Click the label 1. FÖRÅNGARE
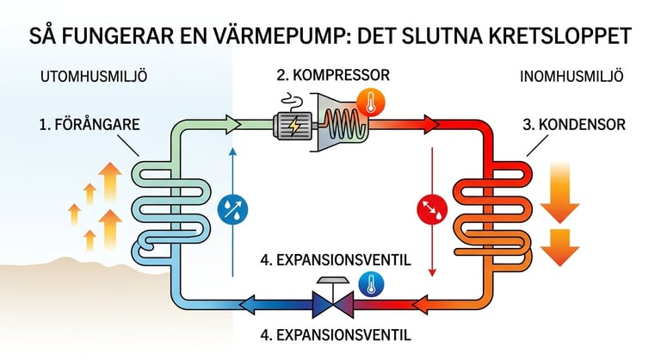coord(90,126)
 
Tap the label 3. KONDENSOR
coord(574,126)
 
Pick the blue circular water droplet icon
coord(232,208)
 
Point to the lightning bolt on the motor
coord(295,127)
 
